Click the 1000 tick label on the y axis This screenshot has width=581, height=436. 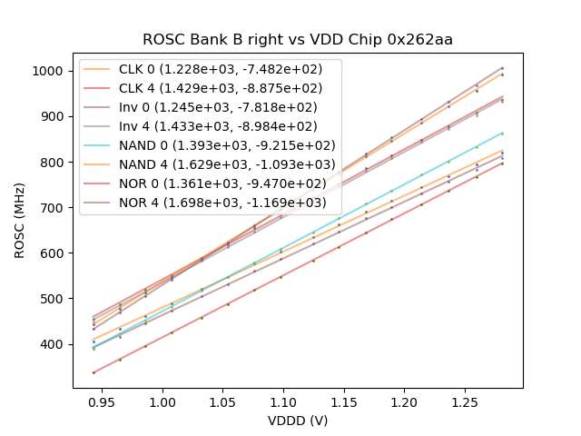pyautogui.click(x=51, y=71)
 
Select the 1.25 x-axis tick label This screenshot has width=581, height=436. pyautogui.click(x=465, y=401)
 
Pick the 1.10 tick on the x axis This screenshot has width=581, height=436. pyautogui.click(x=283, y=401)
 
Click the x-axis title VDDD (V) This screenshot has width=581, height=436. pyautogui.click(x=298, y=421)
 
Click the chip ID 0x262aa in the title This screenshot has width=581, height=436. pyautogui.click(x=423, y=40)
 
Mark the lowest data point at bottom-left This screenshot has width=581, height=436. pyautogui.click(x=94, y=372)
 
